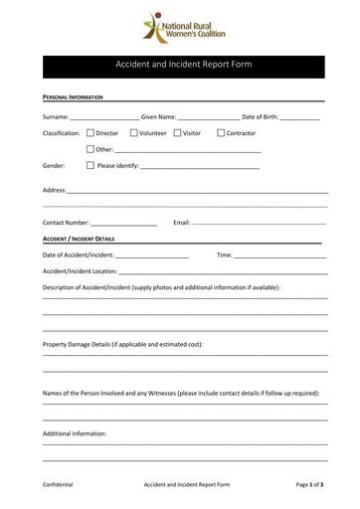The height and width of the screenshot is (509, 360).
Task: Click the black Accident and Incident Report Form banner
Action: coord(179,67)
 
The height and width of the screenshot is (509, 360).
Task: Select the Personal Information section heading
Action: coord(75,98)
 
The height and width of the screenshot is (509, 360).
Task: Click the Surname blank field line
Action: coord(104,118)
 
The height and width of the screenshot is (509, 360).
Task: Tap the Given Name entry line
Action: coord(209,118)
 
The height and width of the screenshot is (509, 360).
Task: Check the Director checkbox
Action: coord(90,132)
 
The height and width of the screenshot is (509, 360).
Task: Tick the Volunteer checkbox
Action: coord(133,132)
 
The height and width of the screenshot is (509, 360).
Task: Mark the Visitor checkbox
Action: coord(177,132)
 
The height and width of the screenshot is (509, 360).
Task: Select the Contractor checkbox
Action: coord(221,132)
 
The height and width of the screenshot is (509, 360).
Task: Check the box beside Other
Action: coord(90,149)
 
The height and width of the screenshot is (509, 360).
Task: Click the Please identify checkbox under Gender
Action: coord(90,165)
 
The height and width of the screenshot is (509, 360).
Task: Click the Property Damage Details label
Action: coord(122,344)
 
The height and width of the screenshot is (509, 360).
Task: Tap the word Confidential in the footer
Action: coord(58,484)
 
